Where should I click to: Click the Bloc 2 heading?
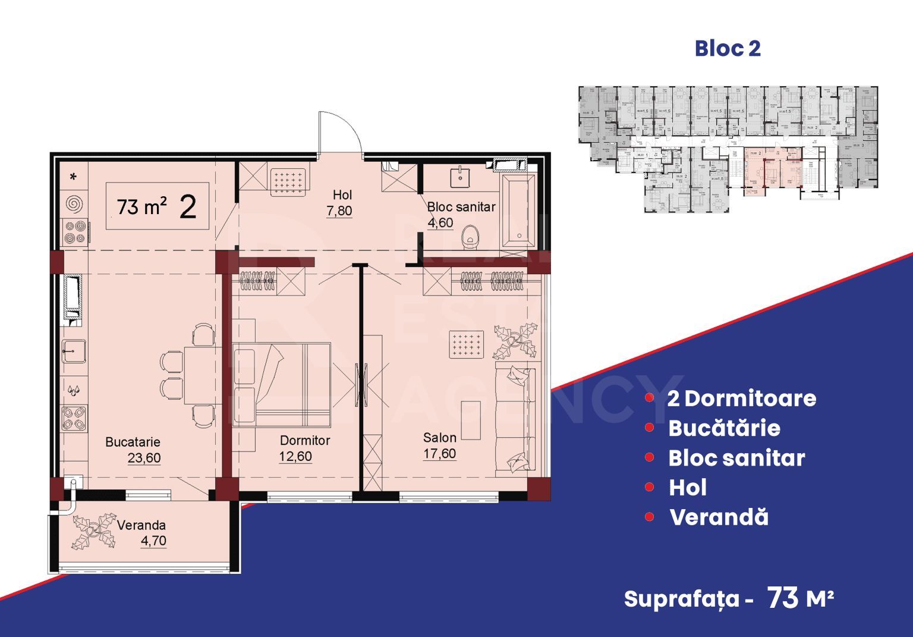(727, 49)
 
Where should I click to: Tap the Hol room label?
(342, 194)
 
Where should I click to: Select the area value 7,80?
(339, 211)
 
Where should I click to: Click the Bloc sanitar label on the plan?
(461, 207)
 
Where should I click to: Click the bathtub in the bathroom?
(518, 211)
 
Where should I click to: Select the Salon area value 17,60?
(439, 454)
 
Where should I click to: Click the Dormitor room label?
(304, 441)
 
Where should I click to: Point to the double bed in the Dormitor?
(282, 384)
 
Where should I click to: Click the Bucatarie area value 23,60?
(144, 458)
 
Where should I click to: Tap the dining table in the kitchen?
(194, 375)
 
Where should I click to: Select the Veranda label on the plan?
(141, 525)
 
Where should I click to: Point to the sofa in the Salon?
(516, 421)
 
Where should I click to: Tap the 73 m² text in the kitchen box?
(141, 207)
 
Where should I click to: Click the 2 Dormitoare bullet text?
(741, 398)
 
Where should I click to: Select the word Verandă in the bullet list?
(719, 517)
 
